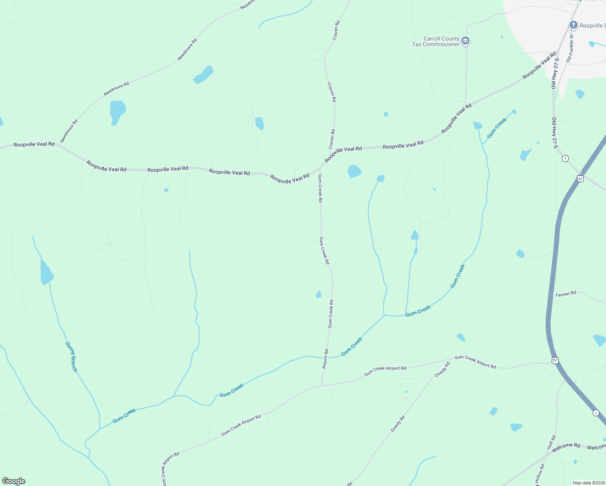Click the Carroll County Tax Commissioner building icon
[465, 41]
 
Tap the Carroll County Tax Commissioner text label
[436, 42]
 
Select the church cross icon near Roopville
[573, 25]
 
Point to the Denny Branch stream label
[71, 357]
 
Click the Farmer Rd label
[565, 294]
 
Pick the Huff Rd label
[551, 442]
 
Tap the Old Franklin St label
[570, 48]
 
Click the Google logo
[14, 481]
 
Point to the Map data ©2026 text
[589, 483]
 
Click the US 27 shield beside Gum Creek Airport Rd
[555, 360]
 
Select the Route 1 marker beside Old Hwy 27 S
[565, 158]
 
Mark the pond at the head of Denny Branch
[46, 273]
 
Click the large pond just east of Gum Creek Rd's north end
[354, 171]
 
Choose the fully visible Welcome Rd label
[566, 446]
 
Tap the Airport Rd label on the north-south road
[325, 359]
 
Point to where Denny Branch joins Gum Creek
[100, 429]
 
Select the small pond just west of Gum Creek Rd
[319, 294]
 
